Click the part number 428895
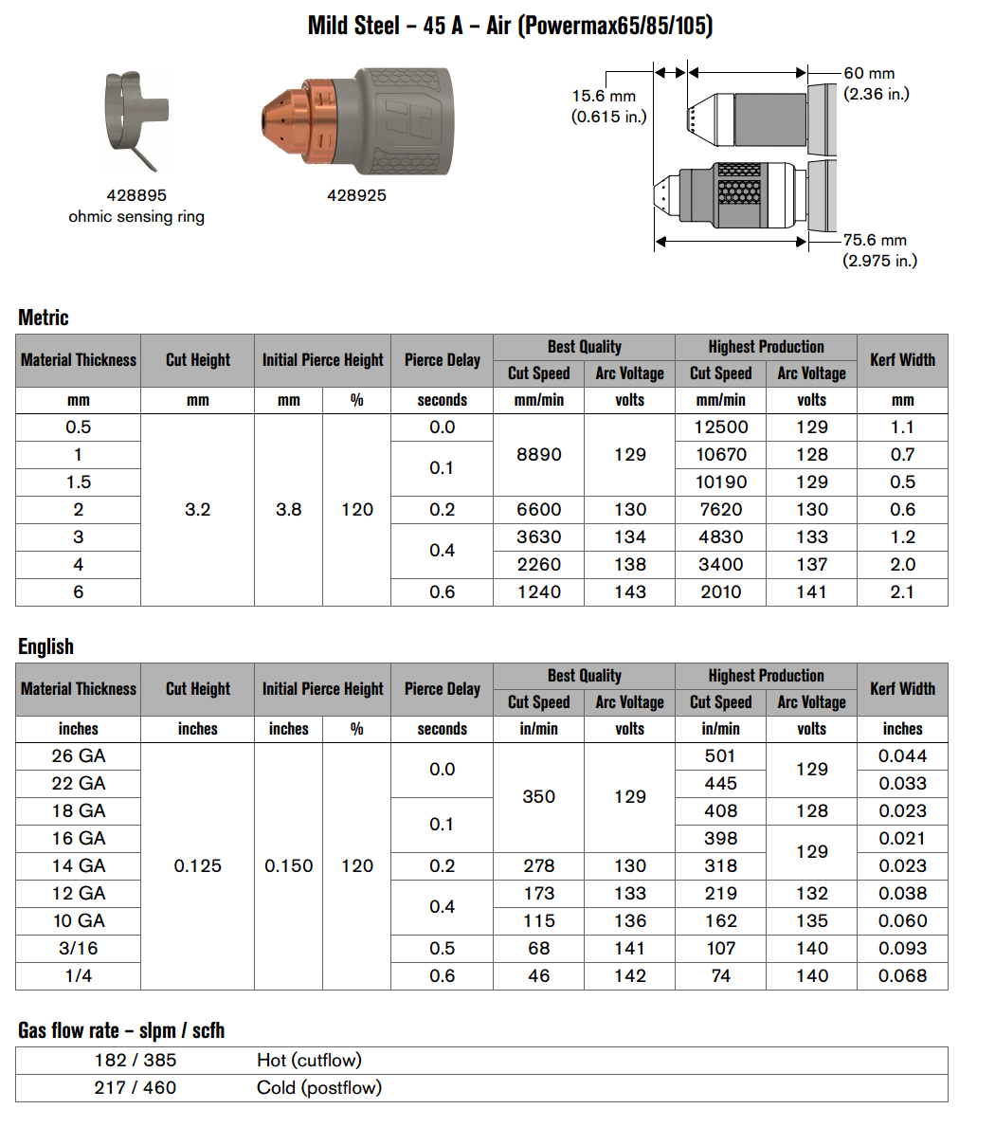tap(136, 195)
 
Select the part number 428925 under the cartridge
tap(356, 195)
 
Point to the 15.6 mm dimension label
tap(604, 96)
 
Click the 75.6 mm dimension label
tap(875, 241)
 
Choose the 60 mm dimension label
tap(869, 73)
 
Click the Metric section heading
tap(44, 318)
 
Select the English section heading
tap(45, 646)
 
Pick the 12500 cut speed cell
tap(721, 427)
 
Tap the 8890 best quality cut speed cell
tap(538, 455)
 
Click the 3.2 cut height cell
tap(197, 510)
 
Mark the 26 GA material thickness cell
tap(79, 756)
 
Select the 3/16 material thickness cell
tap(79, 949)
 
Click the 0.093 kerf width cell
tap(902, 949)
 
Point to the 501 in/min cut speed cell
tap(720, 756)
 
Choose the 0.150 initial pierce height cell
tap(288, 866)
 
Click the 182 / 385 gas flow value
tap(136, 1061)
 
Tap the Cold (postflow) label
tap(319, 1088)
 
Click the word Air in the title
tap(498, 26)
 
